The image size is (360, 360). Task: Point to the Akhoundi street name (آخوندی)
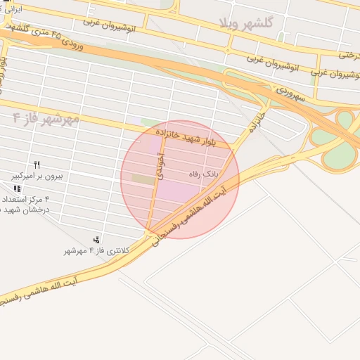click(161, 169)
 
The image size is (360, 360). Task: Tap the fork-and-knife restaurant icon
click(37, 165)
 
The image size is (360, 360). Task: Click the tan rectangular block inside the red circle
click(143, 180)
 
